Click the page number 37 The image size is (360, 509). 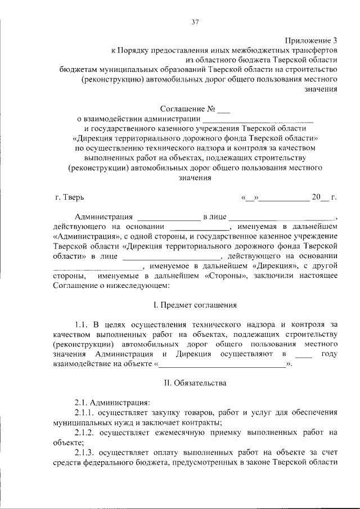[196, 22]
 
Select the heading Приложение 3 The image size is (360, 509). [311, 40]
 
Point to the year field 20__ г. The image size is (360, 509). [324, 197]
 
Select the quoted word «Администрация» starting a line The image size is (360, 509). [82, 237]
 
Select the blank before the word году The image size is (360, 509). [303, 354]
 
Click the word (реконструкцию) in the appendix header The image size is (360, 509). [112, 79]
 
